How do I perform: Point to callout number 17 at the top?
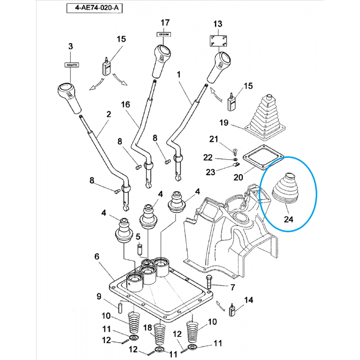tap(165, 23)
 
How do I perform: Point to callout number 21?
tap(214, 139)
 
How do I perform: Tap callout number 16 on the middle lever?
tap(125, 105)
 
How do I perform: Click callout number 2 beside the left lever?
tap(108, 114)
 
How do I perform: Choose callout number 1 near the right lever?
tap(179, 75)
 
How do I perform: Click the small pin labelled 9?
tap(121, 305)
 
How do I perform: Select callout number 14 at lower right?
tap(249, 300)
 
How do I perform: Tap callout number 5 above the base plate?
tap(138, 237)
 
